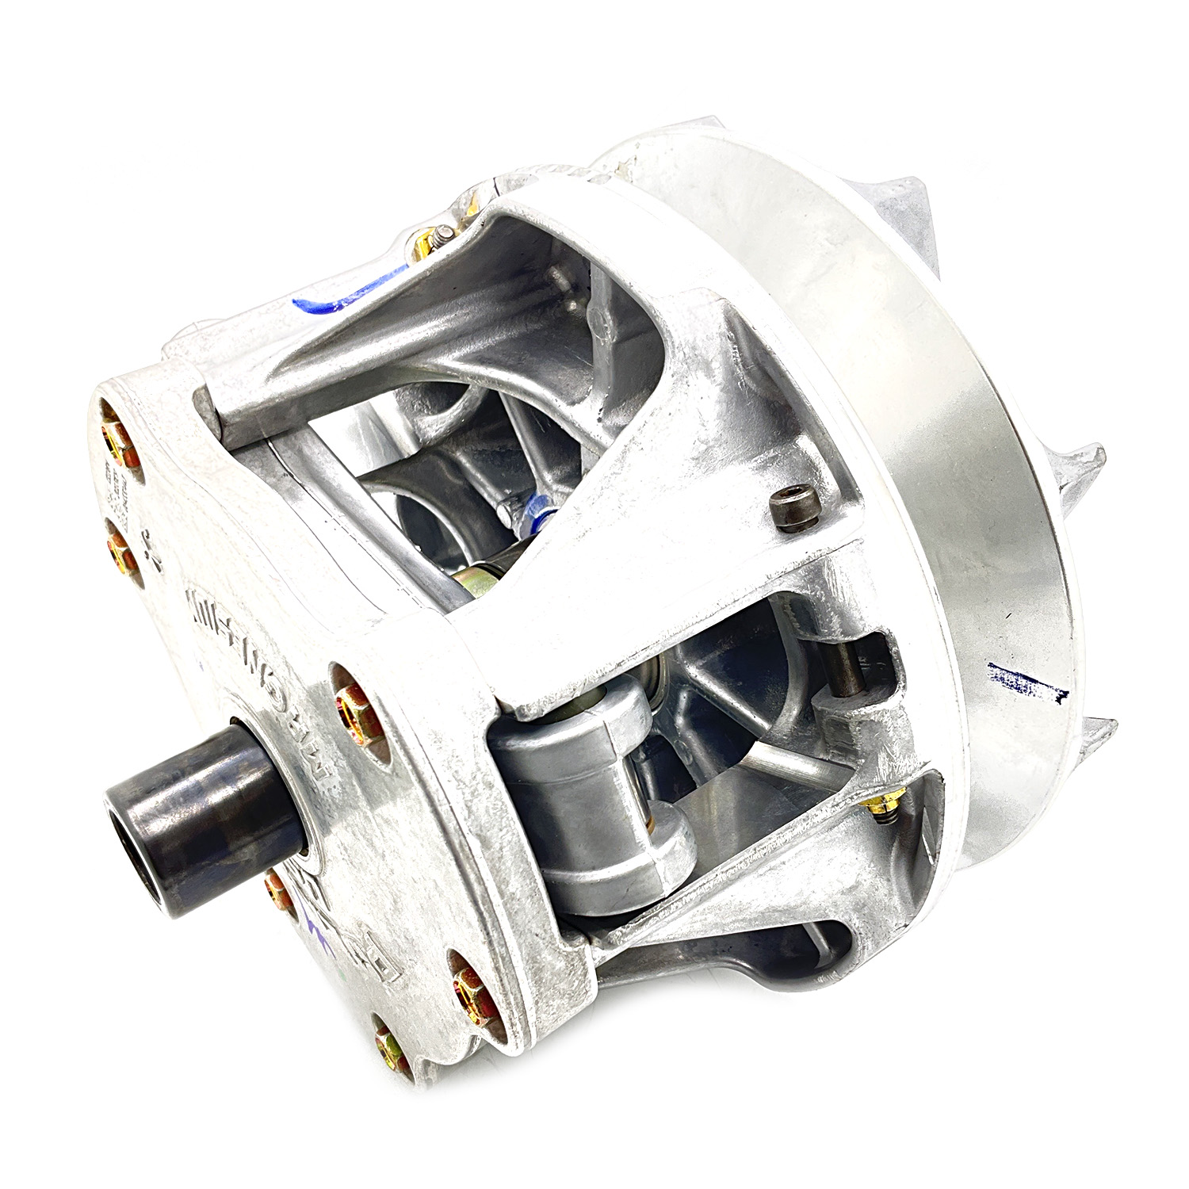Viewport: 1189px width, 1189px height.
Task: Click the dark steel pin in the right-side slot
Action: tap(853, 665)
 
